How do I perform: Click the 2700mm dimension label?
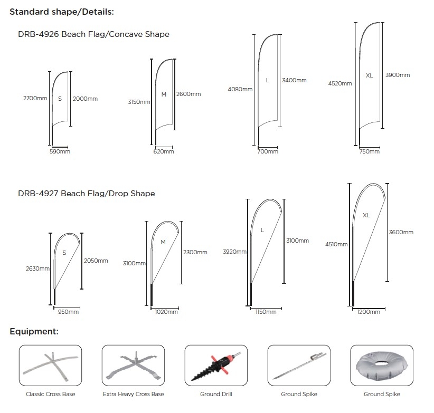(35, 98)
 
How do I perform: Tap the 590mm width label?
(60, 151)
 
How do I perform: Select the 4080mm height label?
(240, 89)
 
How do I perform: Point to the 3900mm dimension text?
(398, 75)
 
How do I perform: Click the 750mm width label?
(369, 151)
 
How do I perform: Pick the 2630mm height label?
(37, 268)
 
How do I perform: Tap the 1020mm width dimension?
(166, 312)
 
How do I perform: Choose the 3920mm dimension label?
(234, 252)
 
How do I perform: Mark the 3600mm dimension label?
(401, 232)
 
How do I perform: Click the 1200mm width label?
(369, 312)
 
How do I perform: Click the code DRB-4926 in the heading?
(39, 34)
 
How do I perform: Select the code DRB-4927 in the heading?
(38, 193)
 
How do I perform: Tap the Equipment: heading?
(34, 331)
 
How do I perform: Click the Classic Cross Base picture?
(50, 366)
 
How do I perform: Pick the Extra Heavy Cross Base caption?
(133, 394)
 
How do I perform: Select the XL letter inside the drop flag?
(366, 215)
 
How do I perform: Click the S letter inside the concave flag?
(60, 99)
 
